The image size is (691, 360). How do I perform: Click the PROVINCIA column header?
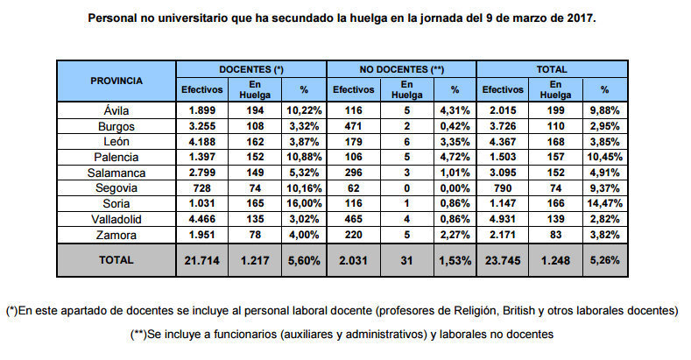116,81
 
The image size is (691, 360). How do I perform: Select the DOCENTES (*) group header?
251,68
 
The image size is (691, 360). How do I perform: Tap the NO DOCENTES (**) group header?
401,68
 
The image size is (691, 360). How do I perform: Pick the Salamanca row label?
116,173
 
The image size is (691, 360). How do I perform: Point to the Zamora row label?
116,234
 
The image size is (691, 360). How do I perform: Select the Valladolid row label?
116,218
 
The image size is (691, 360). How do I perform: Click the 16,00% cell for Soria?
304,203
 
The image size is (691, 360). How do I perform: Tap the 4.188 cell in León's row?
201,142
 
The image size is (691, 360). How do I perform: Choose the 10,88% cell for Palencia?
304,157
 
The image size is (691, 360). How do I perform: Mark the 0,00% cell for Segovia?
454,187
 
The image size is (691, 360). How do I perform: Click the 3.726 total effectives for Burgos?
503,126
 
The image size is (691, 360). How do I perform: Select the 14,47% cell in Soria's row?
604,203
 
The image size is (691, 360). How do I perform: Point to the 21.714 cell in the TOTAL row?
201,260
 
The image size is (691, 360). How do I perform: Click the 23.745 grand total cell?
503,260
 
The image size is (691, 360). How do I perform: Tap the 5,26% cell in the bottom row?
604,260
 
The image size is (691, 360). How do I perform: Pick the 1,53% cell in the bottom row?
454,260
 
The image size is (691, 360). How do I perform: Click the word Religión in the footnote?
478,311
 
